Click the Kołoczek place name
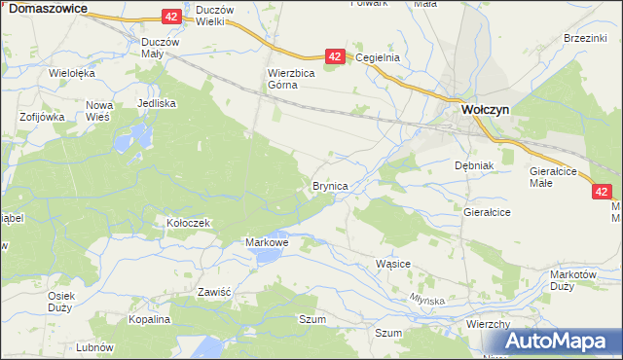(188, 223)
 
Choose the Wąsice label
(392, 264)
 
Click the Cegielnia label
(378, 57)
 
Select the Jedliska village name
(157, 102)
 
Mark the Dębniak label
(475, 165)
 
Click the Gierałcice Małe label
(554, 176)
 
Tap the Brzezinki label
(585, 37)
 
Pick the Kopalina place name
(150, 319)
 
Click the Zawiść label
(213, 291)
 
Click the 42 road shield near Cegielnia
(334, 57)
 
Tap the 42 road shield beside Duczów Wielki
(171, 17)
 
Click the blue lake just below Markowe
(265, 256)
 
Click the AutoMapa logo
(556, 342)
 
